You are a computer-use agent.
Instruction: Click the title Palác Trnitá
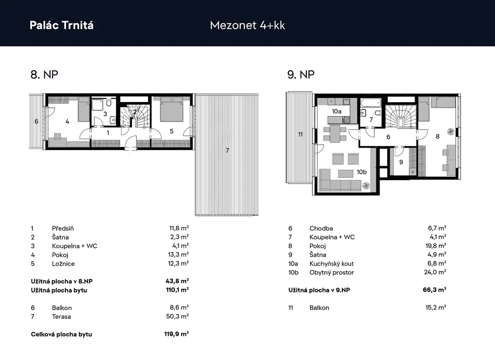coord(61,25)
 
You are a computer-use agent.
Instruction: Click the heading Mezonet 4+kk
coord(247,25)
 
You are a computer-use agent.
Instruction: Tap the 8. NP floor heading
coord(44,74)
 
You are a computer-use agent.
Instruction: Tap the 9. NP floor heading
coord(301,74)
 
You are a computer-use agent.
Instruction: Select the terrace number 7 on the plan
coord(227,151)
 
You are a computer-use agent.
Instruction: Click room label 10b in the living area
coord(361,172)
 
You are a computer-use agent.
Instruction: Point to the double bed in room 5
coord(172,109)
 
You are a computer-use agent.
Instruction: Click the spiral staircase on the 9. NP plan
coord(400,116)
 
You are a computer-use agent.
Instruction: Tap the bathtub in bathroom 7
coord(371,103)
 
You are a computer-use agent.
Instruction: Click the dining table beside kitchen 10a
coord(335,134)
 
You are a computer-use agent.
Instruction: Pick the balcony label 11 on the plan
coord(300,135)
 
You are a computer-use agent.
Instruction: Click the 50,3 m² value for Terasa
coord(177,317)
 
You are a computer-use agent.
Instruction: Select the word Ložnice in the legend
coord(63,264)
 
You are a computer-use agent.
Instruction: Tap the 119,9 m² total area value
coord(176,334)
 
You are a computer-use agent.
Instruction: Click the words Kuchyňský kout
coord(332,264)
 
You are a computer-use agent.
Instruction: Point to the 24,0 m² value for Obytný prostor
coord(435,272)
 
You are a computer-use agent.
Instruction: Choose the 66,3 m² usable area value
coord(435,290)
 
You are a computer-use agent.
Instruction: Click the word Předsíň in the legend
coord(63,228)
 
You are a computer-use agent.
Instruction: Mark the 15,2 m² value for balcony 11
coord(436,307)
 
